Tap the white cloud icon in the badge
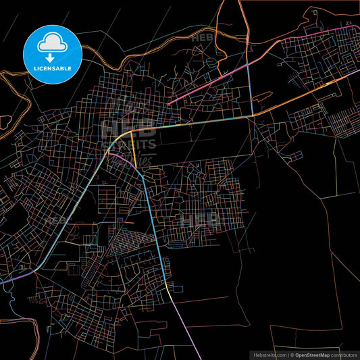pyautogui.click(x=52, y=44)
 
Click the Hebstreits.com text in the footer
pyautogui.click(x=269, y=354)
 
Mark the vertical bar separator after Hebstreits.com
pyautogui.click(x=287, y=354)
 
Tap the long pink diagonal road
pyautogui.click(x=209, y=84)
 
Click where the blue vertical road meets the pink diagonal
pyautogui.click(x=250, y=61)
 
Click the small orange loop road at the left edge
pyautogui.click(x=5, y=122)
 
